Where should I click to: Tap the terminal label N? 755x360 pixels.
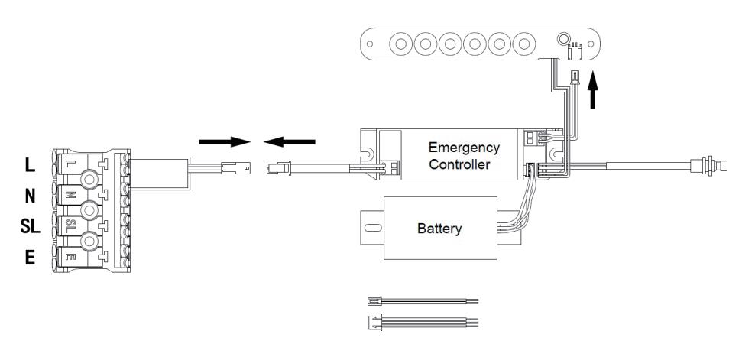click(x=31, y=196)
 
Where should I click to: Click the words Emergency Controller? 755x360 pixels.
click(x=463, y=155)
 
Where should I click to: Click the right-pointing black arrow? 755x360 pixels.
click(x=225, y=141)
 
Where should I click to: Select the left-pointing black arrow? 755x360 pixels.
click(x=289, y=141)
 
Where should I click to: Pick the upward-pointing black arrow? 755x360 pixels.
click(x=594, y=96)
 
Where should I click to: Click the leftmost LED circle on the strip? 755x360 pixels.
click(x=400, y=44)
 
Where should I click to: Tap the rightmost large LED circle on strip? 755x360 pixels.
click(x=523, y=44)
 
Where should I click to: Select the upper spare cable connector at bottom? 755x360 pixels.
click(x=375, y=302)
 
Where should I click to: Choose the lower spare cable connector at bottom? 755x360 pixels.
click(x=375, y=322)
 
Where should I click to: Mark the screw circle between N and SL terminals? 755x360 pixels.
click(x=89, y=211)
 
